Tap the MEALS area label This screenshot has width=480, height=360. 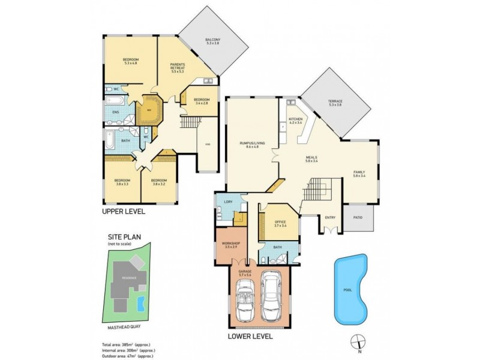311,159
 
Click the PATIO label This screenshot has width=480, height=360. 358,218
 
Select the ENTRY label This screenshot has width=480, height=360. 331,218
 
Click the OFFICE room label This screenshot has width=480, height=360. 280,224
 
